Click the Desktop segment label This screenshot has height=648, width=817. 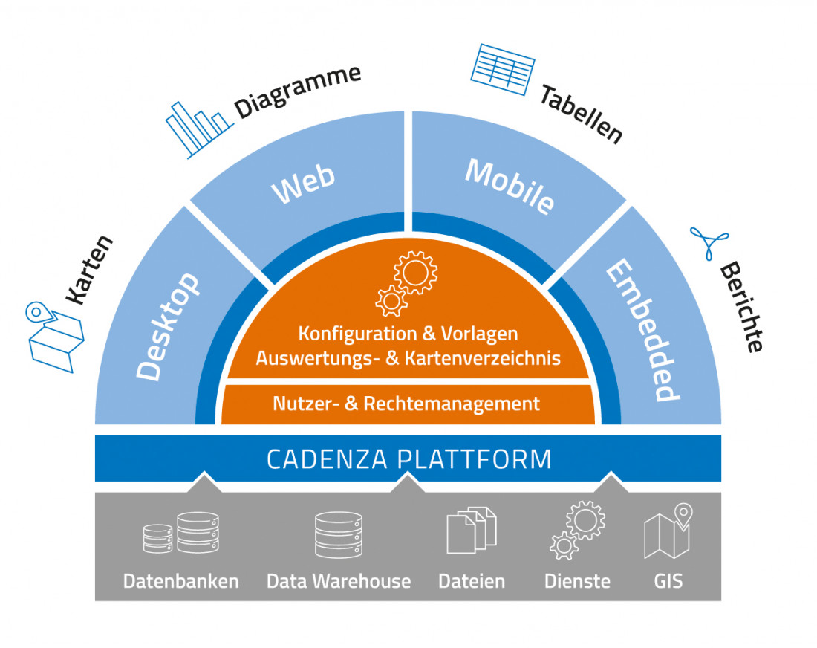[x=169, y=327]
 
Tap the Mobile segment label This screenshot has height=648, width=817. [x=510, y=186]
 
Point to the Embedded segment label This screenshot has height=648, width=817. [x=639, y=331]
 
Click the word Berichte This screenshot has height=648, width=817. [x=742, y=306]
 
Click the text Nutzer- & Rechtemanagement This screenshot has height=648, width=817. [x=406, y=404]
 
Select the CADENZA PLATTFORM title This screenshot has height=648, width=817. [x=409, y=459]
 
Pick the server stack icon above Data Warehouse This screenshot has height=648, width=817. [x=338, y=534]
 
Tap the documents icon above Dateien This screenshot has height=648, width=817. [x=471, y=531]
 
